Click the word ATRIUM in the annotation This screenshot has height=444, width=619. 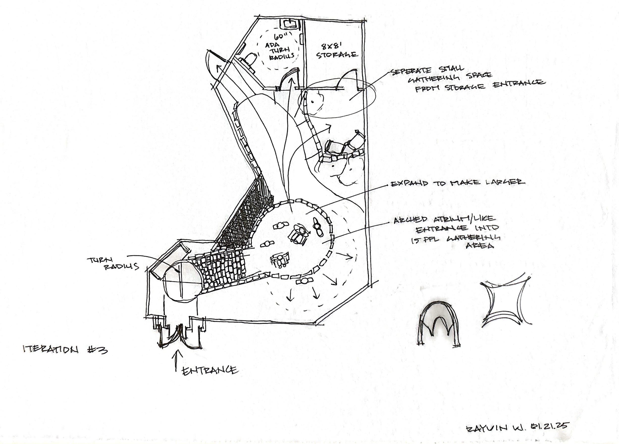pyautogui.click(x=462, y=219)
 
